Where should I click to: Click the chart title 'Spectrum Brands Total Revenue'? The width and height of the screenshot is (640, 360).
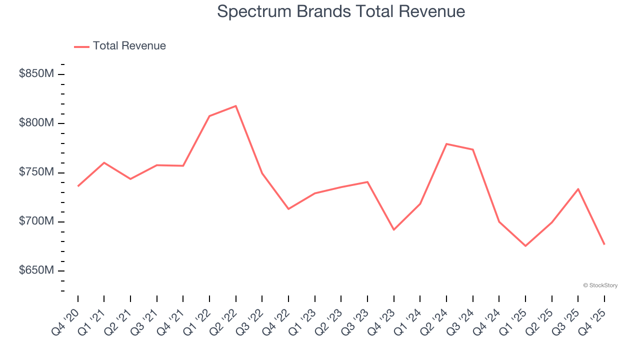point(341,11)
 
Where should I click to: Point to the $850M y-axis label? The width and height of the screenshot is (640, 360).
point(36,74)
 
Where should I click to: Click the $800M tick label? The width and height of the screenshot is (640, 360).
point(36,123)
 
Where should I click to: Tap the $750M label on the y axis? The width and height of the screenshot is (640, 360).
point(36,172)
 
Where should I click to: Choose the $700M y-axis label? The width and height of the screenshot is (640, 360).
point(36,221)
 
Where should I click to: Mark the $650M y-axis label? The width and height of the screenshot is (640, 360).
point(36,270)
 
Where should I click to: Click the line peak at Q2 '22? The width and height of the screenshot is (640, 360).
point(235,106)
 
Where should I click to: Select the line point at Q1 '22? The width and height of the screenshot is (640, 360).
point(209,116)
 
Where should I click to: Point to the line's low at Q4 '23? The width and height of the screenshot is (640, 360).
point(393,229)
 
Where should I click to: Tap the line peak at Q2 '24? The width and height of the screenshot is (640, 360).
point(446,144)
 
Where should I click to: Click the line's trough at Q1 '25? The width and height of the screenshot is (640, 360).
point(525,245)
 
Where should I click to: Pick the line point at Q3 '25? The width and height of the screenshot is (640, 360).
point(578,189)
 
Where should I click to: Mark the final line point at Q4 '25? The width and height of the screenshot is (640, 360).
point(604,244)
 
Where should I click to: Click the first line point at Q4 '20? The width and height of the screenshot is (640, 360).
point(78,186)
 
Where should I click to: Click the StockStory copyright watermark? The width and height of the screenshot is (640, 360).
point(600,285)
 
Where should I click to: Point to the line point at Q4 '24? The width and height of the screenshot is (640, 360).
point(499,221)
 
